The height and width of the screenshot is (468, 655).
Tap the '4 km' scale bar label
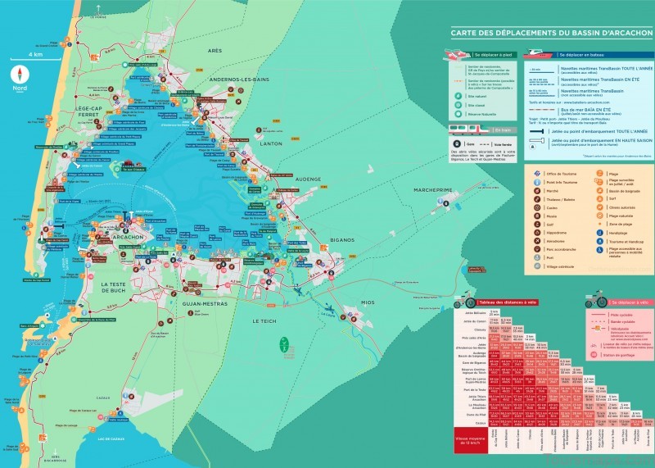35,54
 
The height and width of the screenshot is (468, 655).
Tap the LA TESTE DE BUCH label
121,287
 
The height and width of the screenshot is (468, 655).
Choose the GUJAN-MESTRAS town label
200,303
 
